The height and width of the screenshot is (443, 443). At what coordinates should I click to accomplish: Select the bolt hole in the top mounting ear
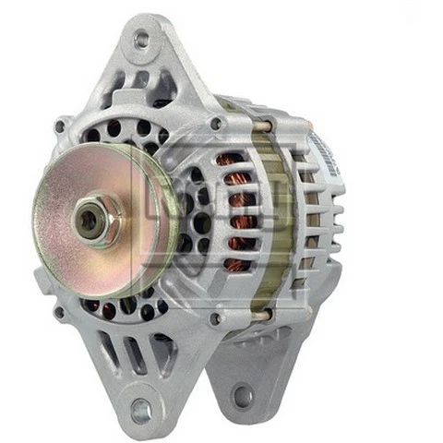(x=141, y=40)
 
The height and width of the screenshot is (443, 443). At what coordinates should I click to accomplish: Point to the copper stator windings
(x=238, y=212)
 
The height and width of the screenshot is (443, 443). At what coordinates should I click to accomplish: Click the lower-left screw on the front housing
(x=60, y=313)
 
